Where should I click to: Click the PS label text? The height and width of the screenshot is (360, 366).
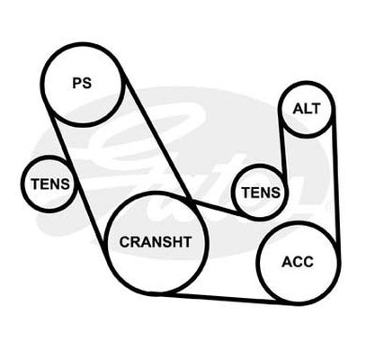82,83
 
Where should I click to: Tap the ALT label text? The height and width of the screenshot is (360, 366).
307,109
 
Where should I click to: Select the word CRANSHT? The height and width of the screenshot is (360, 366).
156,242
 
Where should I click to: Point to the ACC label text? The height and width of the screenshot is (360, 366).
298,262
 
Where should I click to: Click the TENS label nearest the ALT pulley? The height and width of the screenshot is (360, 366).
261,193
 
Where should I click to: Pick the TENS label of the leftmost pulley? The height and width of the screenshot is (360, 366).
50,184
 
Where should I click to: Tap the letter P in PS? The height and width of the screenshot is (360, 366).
77,83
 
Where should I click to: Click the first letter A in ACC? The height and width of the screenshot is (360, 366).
287,262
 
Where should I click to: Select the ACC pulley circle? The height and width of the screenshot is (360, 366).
258,263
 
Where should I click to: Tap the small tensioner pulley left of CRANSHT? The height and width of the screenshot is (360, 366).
22,184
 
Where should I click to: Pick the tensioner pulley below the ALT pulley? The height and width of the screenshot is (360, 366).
261,165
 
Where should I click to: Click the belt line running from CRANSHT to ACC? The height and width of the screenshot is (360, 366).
225,298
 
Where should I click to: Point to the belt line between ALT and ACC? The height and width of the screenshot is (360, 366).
335,186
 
